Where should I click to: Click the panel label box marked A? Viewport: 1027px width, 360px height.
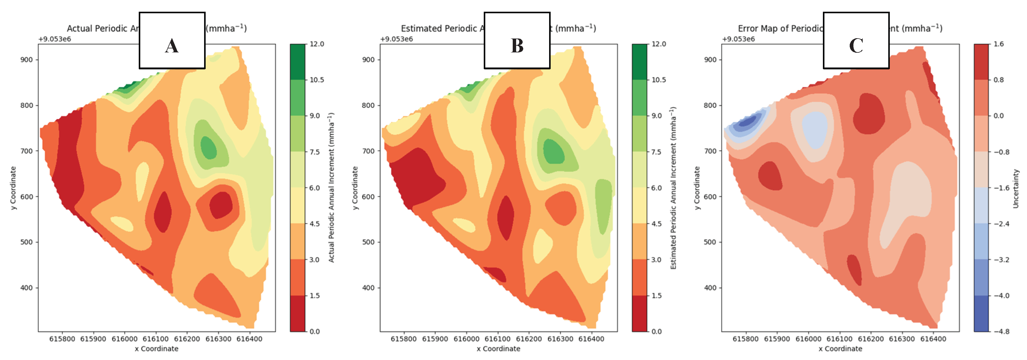coord(172,40)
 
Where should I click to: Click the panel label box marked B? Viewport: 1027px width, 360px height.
coord(517,40)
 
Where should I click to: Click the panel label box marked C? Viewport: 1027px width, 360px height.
coord(856,40)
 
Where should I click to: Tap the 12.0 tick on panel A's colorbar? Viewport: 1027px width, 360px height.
coord(317,44)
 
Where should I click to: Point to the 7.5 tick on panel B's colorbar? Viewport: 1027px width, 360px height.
coord(658,152)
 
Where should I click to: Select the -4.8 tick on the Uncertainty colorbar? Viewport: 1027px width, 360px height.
coord(1001,331)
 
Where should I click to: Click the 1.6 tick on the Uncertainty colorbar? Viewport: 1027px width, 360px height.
coord(998,44)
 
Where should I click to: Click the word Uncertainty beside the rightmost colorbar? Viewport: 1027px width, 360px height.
coord(1016,189)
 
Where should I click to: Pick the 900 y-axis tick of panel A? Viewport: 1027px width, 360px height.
coord(26,60)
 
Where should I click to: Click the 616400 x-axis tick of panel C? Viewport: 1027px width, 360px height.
coord(933,339)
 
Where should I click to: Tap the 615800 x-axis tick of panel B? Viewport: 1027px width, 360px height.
coord(404,339)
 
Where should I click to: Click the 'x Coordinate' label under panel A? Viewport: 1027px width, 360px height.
coord(156,349)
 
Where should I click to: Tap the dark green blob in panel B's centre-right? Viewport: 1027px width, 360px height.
coord(553,152)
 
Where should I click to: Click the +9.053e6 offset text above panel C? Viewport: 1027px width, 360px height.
coord(738,39)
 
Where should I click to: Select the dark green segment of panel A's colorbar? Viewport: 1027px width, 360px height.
coord(298,62)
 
